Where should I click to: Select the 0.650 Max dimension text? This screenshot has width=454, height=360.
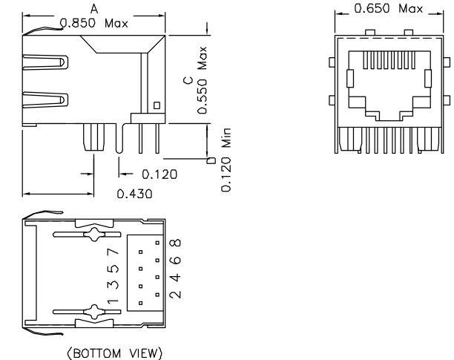pos(389,9)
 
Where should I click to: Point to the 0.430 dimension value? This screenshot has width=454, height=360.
pos(135,194)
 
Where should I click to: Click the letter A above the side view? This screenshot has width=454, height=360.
pos(93,7)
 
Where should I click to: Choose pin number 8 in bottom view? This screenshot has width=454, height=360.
pos(176,243)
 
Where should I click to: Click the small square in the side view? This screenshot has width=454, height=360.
pos(156,105)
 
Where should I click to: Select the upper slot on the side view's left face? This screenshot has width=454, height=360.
pos(44,57)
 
